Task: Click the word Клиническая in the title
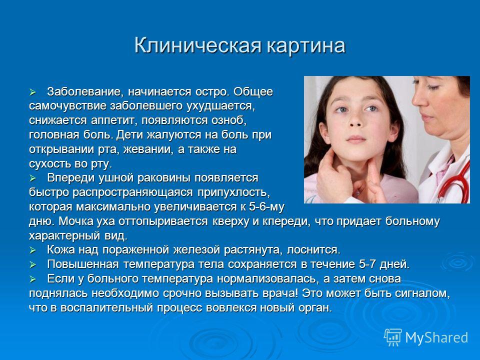pyautogui.click(x=198, y=45)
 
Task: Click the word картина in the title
pyautogui.click(x=306, y=46)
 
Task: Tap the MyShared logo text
pyautogui.click(x=436, y=337)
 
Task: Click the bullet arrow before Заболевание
pyautogui.click(x=33, y=92)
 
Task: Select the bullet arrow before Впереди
pyautogui.click(x=33, y=178)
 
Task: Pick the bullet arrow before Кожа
pyautogui.click(x=33, y=250)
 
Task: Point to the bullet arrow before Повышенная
pyautogui.click(x=33, y=264)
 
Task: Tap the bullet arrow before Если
pyautogui.click(x=33, y=279)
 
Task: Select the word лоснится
pyautogui.click(x=313, y=250)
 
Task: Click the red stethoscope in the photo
pyautogui.click(x=454, y=181)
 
